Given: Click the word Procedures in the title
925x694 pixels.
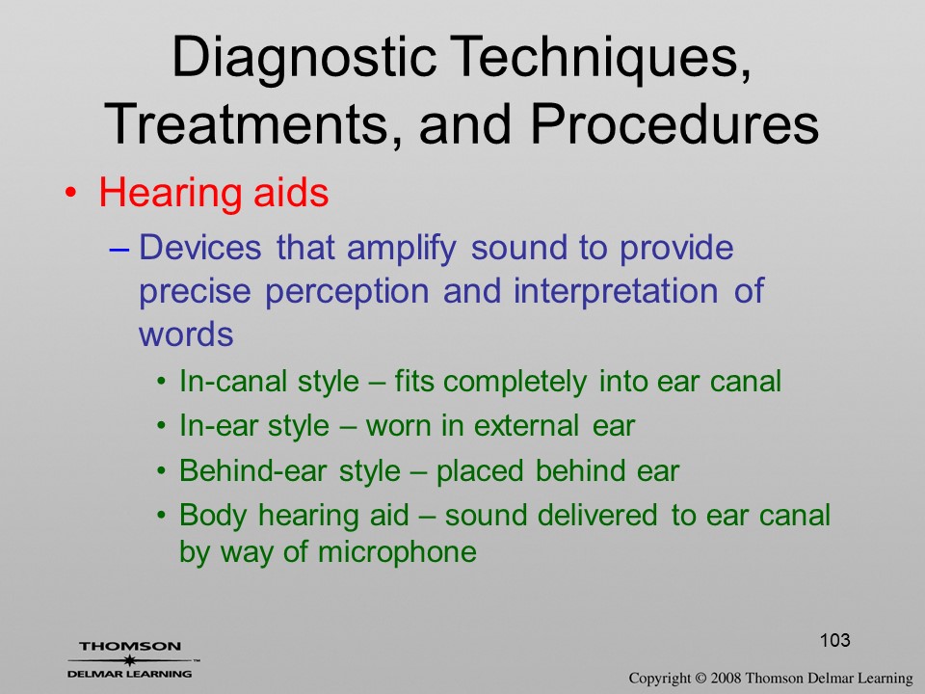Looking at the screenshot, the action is [x=674, y=124].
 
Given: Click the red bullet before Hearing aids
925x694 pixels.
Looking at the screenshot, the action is [x=70, y=194].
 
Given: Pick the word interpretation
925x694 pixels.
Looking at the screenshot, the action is [x=616, y=290].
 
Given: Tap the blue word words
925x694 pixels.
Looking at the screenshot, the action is [x=186, y=334].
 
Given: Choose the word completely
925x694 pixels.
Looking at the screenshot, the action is [x=515, y=382].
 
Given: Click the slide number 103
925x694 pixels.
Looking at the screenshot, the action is [x=834, y=640].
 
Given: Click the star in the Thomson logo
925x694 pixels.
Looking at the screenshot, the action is [x=129, y=659].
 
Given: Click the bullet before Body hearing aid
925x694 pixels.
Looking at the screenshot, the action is [x=162, y=515].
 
